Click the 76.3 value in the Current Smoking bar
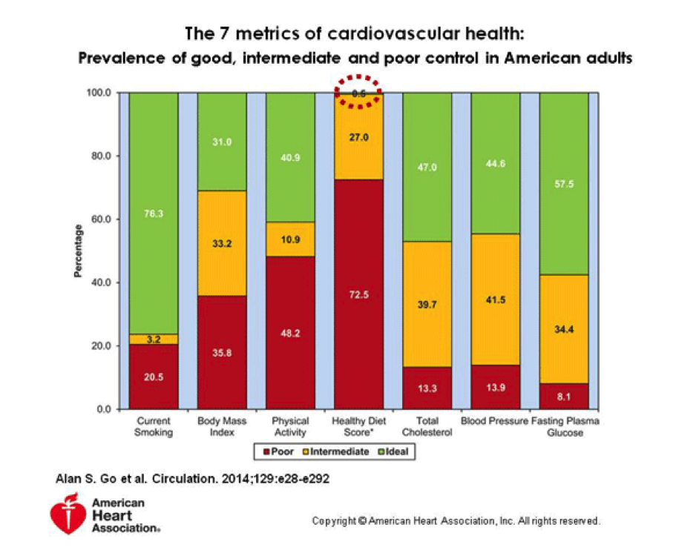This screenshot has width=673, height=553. (154, 213)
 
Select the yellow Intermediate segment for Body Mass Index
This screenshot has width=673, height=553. (222, 243)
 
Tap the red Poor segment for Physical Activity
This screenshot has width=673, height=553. (290, 333)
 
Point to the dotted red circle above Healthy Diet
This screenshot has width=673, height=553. (358, 92)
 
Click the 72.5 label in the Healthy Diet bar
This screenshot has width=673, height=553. (358, 294)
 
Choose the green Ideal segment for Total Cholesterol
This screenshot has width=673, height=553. (427, 168)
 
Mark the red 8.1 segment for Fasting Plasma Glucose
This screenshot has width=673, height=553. (563, 397)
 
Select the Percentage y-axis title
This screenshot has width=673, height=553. (77, 251)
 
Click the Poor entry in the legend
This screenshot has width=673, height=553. (278, 451)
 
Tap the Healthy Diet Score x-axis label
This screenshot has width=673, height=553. (358, 426)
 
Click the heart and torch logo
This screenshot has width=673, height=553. (68, 514)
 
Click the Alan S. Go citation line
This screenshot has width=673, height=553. (193, 479)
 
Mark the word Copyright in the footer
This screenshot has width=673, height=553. (333, 521)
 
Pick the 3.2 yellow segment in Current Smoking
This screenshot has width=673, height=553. (154, 340)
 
